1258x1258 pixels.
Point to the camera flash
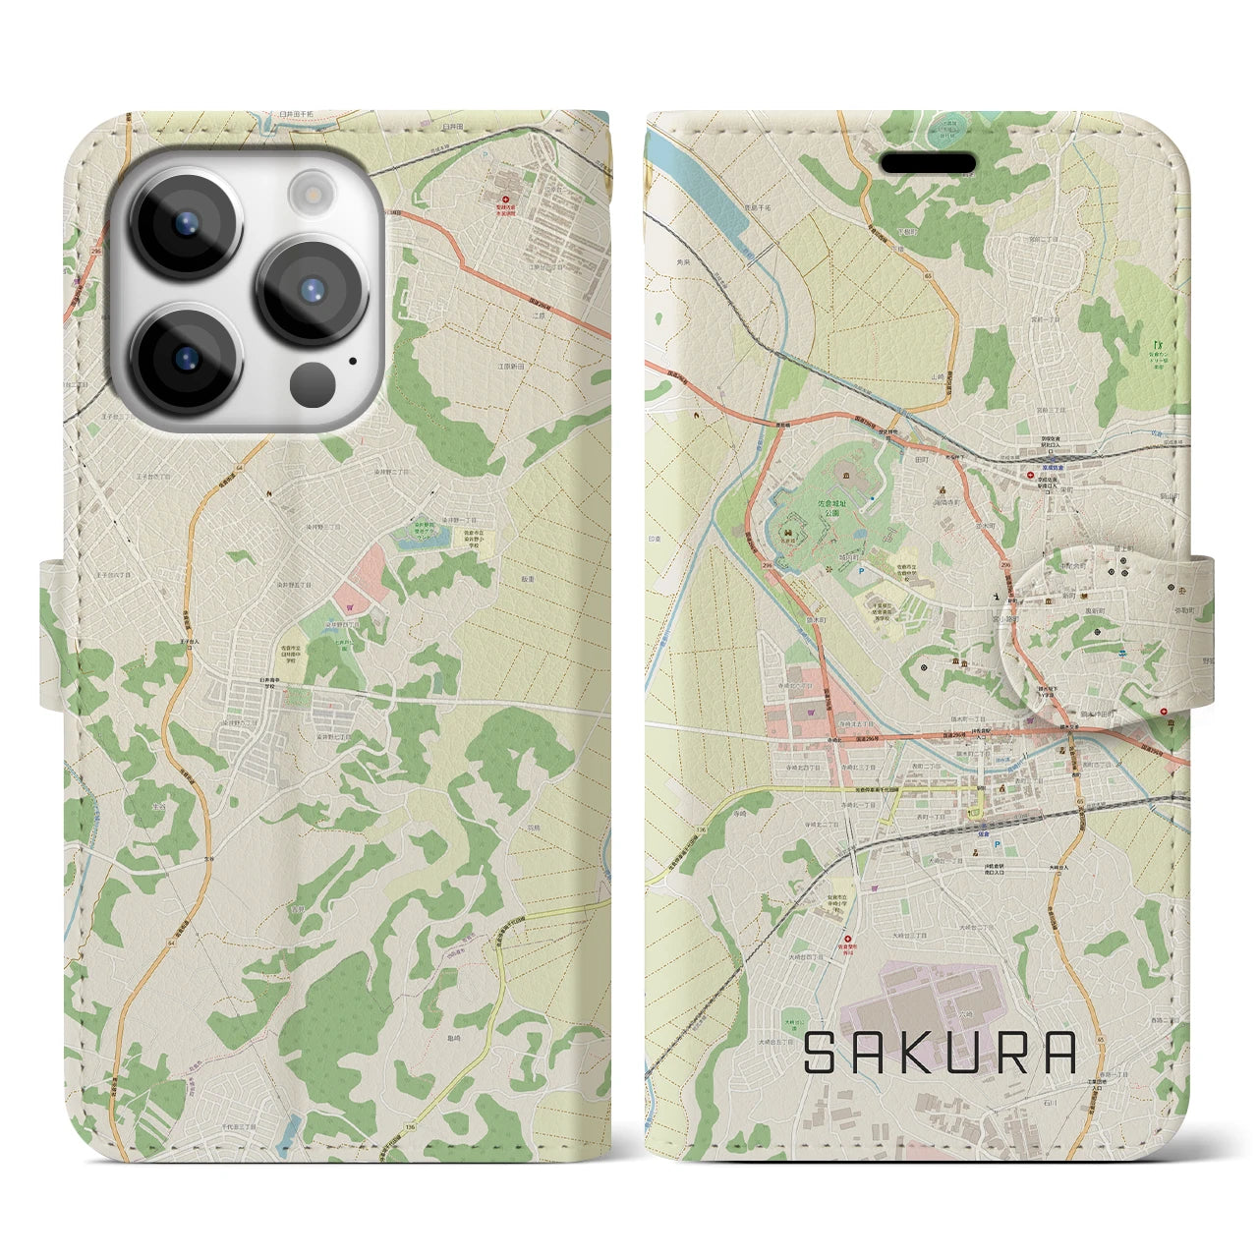312,192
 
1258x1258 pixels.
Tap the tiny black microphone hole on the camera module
351,361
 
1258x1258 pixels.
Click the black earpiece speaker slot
927,161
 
